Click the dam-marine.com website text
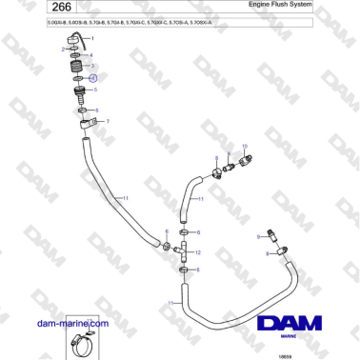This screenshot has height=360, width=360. [72, 325]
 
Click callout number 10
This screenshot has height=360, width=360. [247, 146]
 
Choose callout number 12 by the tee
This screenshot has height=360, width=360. [198, 253]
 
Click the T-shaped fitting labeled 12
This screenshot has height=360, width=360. [179, 251]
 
